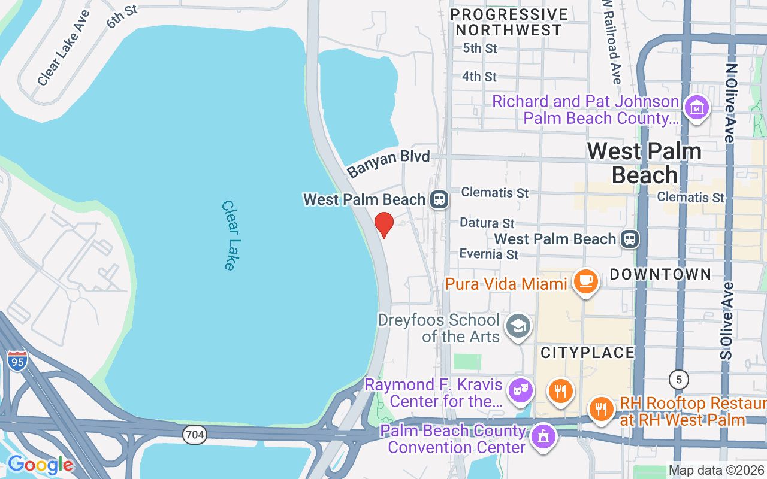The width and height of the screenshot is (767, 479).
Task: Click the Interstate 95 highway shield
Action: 18,360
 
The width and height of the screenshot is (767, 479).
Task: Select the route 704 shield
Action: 195,435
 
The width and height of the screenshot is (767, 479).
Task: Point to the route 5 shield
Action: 678,380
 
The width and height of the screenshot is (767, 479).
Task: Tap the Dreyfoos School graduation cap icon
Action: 517,326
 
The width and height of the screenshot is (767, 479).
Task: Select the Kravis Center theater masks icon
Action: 520,390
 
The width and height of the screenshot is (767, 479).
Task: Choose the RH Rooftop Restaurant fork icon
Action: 600,409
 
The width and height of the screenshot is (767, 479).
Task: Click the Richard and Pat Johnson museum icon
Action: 697,108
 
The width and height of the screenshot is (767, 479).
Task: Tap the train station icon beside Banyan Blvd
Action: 439,199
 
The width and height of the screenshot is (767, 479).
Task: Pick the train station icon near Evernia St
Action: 630,239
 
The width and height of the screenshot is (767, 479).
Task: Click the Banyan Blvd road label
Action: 388,163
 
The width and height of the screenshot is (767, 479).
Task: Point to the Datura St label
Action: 487,223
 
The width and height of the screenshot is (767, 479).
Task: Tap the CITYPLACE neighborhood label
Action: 587,353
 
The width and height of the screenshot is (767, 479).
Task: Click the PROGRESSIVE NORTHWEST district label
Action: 509,22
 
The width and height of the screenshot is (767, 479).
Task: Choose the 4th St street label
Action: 479,77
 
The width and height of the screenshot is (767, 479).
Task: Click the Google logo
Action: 40,464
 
